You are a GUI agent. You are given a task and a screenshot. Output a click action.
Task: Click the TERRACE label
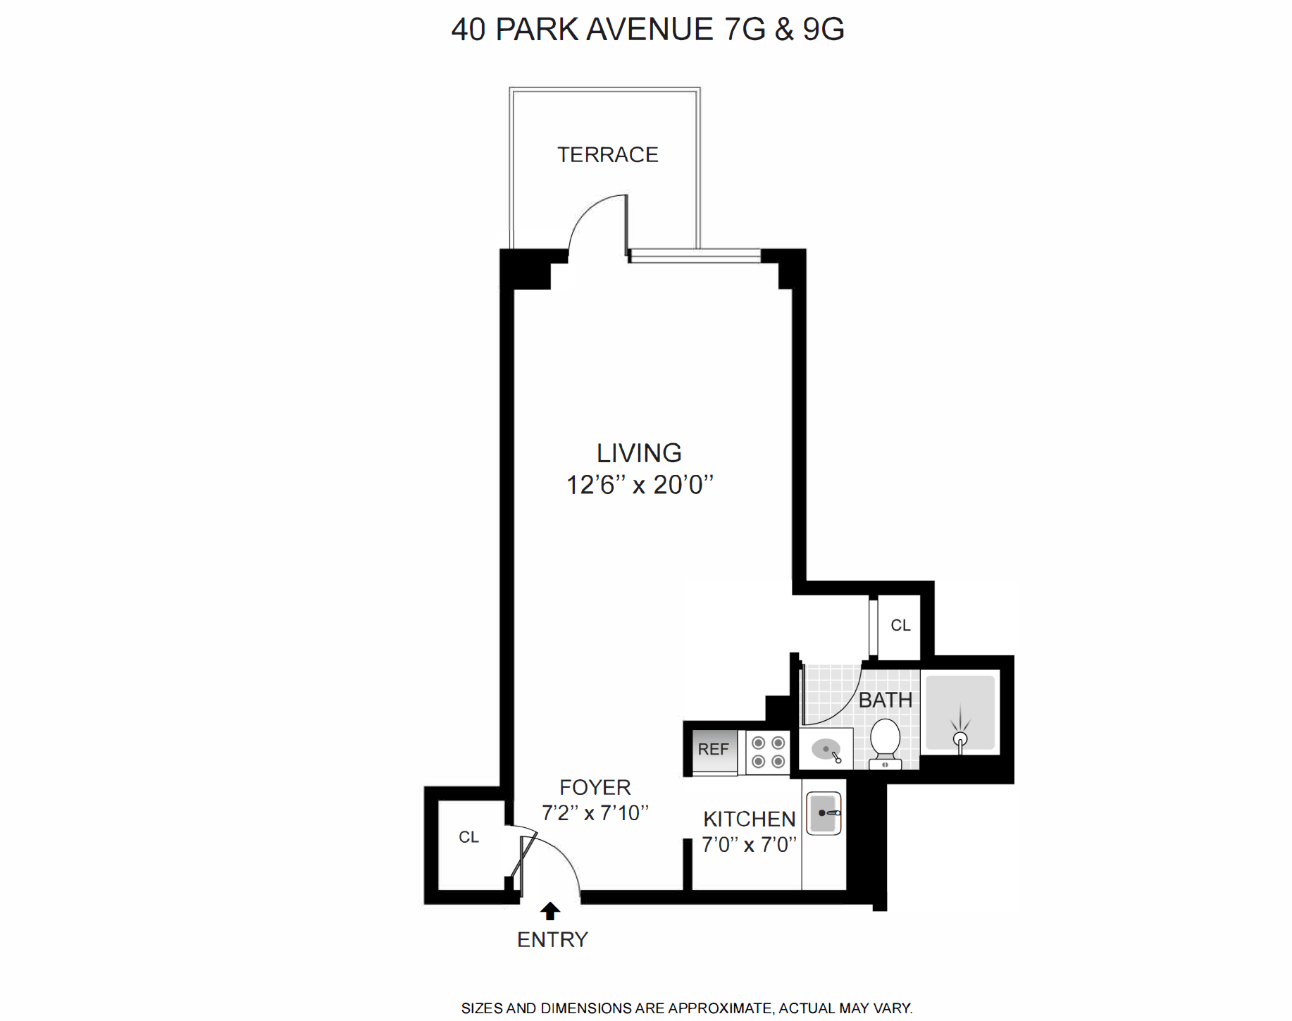tap(607, 155)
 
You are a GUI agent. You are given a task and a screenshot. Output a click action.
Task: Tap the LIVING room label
tap(639, 453)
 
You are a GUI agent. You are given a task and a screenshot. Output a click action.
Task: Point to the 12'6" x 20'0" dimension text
tap(640, 485)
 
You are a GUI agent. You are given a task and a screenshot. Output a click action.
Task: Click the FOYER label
tap(595, 787)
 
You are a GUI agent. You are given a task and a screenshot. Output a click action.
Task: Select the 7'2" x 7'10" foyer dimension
tap(595, 813)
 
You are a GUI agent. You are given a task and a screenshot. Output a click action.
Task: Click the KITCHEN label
tap(749, 819)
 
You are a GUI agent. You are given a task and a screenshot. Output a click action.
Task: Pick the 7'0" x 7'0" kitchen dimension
tap(749, 844)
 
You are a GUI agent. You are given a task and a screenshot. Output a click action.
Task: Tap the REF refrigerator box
tap(713, 749)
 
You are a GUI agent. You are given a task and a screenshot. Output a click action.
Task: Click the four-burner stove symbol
tap(768, 752)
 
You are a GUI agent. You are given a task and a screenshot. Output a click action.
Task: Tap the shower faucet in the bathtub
tap(960, 739)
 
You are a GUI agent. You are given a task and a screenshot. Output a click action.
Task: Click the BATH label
tap(885, 700)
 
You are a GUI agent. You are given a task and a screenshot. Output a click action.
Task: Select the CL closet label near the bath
tap(900, 626)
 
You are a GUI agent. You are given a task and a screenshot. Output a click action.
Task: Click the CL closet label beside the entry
tap(468, 837)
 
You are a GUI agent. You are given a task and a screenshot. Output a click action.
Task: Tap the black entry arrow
tap(549, 911)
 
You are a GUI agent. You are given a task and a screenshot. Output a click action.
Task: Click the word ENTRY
tap(552, 940)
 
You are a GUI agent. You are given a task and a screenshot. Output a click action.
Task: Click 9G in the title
tap(824, 30)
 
